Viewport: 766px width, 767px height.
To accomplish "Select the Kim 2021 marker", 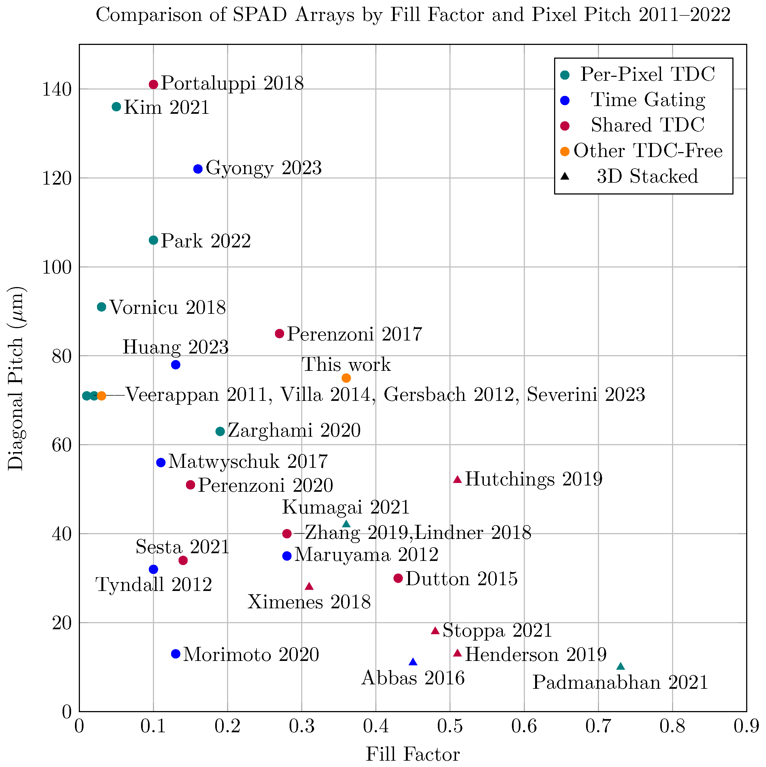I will point(116,107).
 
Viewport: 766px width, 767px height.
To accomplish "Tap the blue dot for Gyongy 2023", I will point(198,169).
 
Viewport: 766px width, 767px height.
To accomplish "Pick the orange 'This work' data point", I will point(346,378).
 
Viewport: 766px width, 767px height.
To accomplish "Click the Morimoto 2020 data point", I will point(176,654).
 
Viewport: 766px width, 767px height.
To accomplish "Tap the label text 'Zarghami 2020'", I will point(294,431).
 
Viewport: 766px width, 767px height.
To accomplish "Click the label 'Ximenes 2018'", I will point(309,602).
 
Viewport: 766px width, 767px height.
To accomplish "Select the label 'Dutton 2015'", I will point(462,579).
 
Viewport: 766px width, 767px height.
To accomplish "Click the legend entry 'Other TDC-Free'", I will point(648,151).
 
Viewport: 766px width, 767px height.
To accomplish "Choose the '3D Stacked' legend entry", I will point(647,176).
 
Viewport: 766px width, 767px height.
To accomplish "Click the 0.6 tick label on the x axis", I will point(524,727).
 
